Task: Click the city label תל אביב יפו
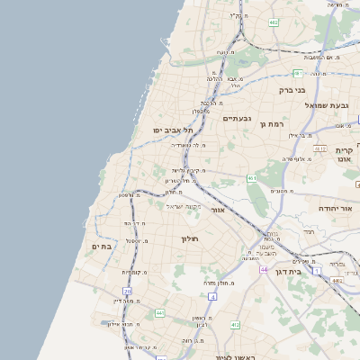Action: pyautogui.click(x=169, y=130)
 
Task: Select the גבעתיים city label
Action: pyautogui.click(x=237, y=118)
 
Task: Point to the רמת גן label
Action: pyautogui.click(x=271, y=123)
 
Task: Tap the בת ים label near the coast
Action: pyautogui.click(x=101, y=246)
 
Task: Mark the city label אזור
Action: pyautogui.click(x=216, y=210)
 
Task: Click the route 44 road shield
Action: pyautogui.click(x=264, y=269)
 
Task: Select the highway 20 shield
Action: pyautogui.click(x=127, y=292)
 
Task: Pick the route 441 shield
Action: pyautogui.click(x=159, y=312)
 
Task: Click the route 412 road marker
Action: pyautogui.click(x=235, y=324)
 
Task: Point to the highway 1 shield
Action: pyautogui.click(x=317, y=270)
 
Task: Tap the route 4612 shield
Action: pyautogui.click(x=319, y=148)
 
